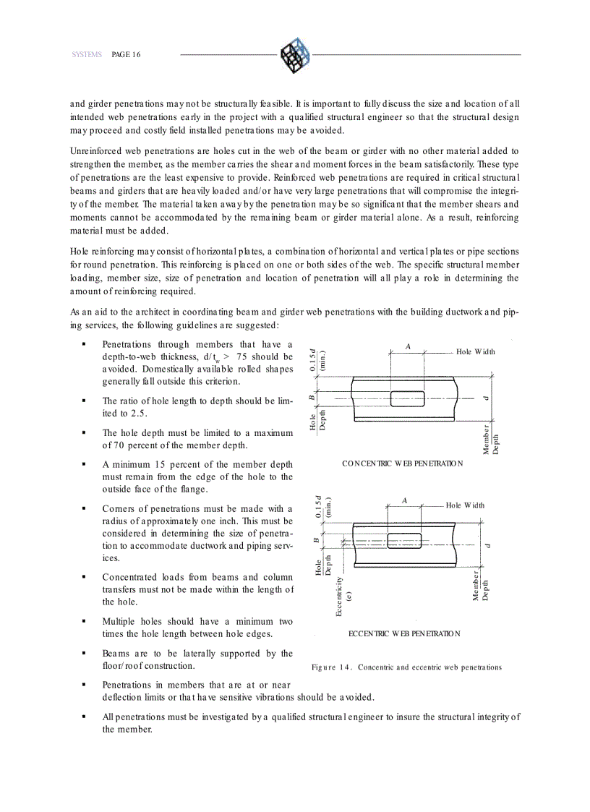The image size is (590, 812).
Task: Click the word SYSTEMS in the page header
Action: point(87,55)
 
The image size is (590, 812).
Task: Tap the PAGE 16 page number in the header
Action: point(126,55)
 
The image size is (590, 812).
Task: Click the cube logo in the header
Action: point(294,54)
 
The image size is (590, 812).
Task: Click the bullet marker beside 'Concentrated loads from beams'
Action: point(85,578)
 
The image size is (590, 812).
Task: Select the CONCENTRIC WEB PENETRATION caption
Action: point(402,463)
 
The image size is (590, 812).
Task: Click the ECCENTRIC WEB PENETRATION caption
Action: point(404,633)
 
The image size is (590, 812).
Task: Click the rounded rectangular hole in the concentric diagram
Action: point(407,398)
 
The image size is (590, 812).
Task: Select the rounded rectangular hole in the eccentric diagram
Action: point(406,540)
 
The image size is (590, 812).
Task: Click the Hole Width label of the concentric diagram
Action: point(475,352)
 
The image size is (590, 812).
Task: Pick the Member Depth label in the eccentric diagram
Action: point(481,585)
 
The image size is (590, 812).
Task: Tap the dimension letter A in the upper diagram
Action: point(408,347)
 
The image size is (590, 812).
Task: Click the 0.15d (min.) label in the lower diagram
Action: point(322,507)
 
